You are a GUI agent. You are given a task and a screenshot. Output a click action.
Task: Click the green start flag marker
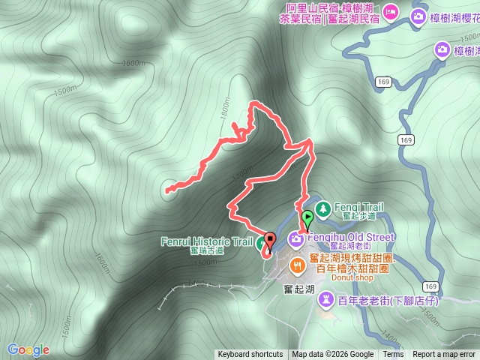[x=307, y=219]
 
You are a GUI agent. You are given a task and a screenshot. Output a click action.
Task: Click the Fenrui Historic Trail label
[x=206, y=241]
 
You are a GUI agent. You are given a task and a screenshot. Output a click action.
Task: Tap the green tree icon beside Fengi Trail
[x=323, y=207]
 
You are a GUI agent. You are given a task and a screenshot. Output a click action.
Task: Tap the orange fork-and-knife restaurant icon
[x=298, y=264]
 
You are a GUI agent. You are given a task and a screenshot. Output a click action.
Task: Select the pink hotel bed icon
[x=390, y=12]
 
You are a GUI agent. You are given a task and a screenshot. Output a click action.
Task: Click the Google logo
[x=28, y=349]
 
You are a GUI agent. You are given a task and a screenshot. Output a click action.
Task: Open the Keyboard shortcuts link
[x=250, y=355]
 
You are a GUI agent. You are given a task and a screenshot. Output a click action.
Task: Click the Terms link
[x=393, y=355]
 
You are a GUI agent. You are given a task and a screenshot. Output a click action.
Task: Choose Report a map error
[x=444, y=355]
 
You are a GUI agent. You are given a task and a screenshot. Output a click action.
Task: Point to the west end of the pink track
[x=166, y=190]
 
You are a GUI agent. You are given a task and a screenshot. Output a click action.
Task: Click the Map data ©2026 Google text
[x=333, y=355]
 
